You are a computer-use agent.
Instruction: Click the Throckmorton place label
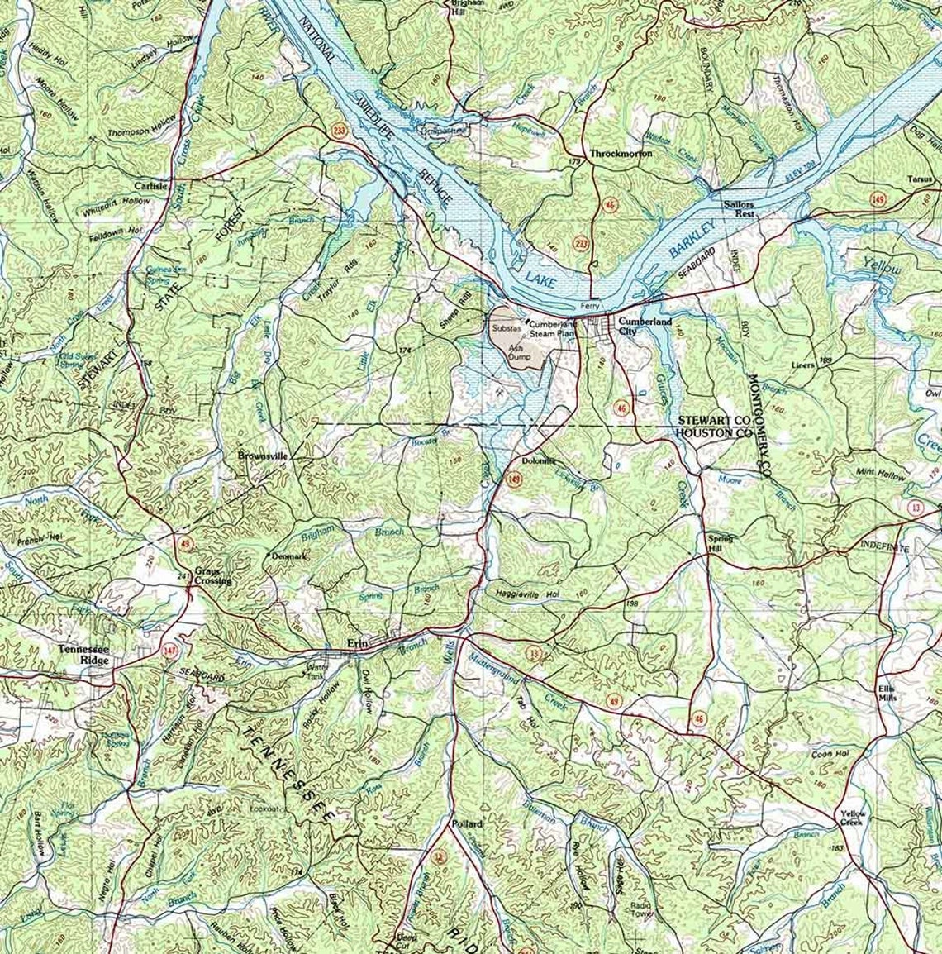pos(621,154)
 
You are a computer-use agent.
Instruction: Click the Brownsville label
pos(262,456)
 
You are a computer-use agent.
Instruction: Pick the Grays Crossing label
pos(212,575)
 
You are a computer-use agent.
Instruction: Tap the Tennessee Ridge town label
pos(83,654)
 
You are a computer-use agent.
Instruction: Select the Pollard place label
pos(466,824)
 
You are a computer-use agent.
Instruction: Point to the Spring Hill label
pos(720,543)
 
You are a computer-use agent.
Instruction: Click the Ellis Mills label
pos(887,691)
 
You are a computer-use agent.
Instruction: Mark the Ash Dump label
pos(520,353)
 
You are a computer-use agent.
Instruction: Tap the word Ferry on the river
pos(590,306)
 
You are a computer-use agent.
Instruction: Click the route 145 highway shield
pos(877,199)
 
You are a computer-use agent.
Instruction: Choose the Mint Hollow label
pos(881,475)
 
